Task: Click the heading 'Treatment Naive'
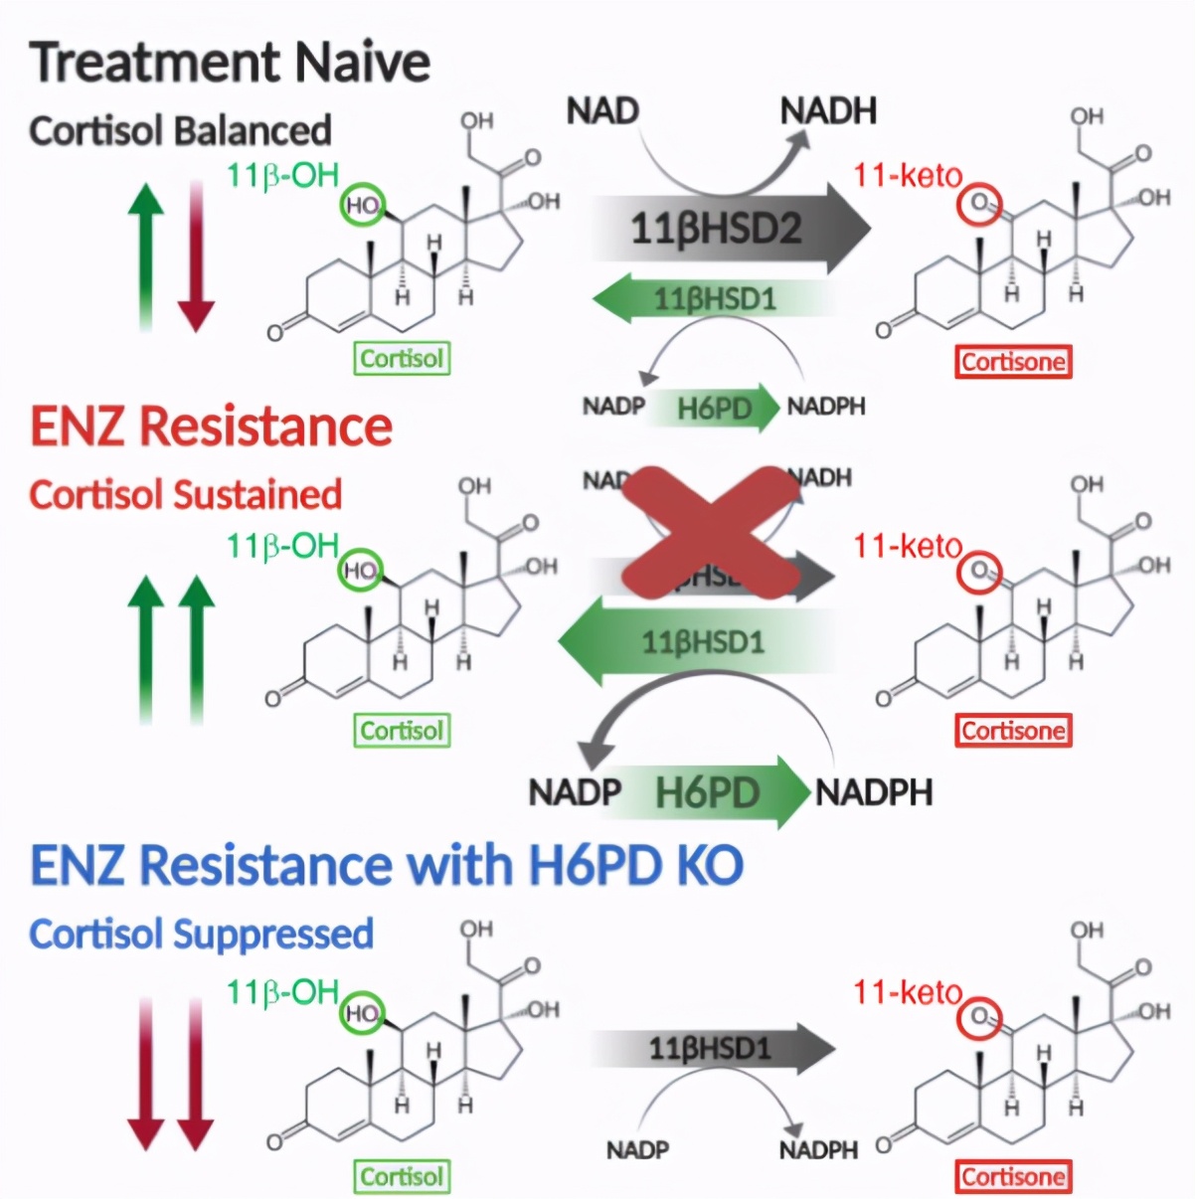click(230, 62)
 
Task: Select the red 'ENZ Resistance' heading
click(211, 427)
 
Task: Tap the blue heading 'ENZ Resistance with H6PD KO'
click(387, 864)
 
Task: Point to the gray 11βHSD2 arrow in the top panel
click(731, 229)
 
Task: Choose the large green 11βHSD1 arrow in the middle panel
click(696, 641)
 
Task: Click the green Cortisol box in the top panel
click(402, 359)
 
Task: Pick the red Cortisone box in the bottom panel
click(1013, 1177)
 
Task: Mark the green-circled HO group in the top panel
click(362, 206)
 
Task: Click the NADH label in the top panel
click(828, 110)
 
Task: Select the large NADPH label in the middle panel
click(874, 792)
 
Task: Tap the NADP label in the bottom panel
click(637, 1150)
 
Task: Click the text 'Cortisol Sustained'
click(186, 495)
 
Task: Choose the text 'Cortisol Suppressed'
click(201, 934)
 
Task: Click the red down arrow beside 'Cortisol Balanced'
click(196, 257)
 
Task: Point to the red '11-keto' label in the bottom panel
click(908, 991)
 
